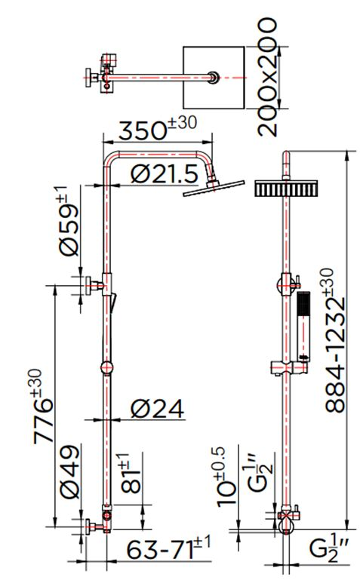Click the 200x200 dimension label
pyautogui.click(x=267, y=78)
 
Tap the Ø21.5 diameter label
pyautogui.click(x=165, y=173)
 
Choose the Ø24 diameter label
pyautogui.click(x=157, y=409)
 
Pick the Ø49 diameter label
pyautogui.click(x=69, y=472)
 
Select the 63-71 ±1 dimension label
pyautogui.click(x=168, y=549)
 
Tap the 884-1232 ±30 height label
pyautogui.click(x=335, y=340)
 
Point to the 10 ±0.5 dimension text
pyautogui.click(x=226, y=477)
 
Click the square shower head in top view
pyautogui.click(x=214, y=78)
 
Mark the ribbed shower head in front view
pyautogui.click(x=286, y=189)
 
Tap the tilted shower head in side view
pyautogui.click(x=214, y=189)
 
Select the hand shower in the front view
pyautogui.click(x=303, y=327)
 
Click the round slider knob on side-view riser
pyautogui.click(x=106, y=368)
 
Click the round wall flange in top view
pyautogui.click(x=91, y=78)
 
